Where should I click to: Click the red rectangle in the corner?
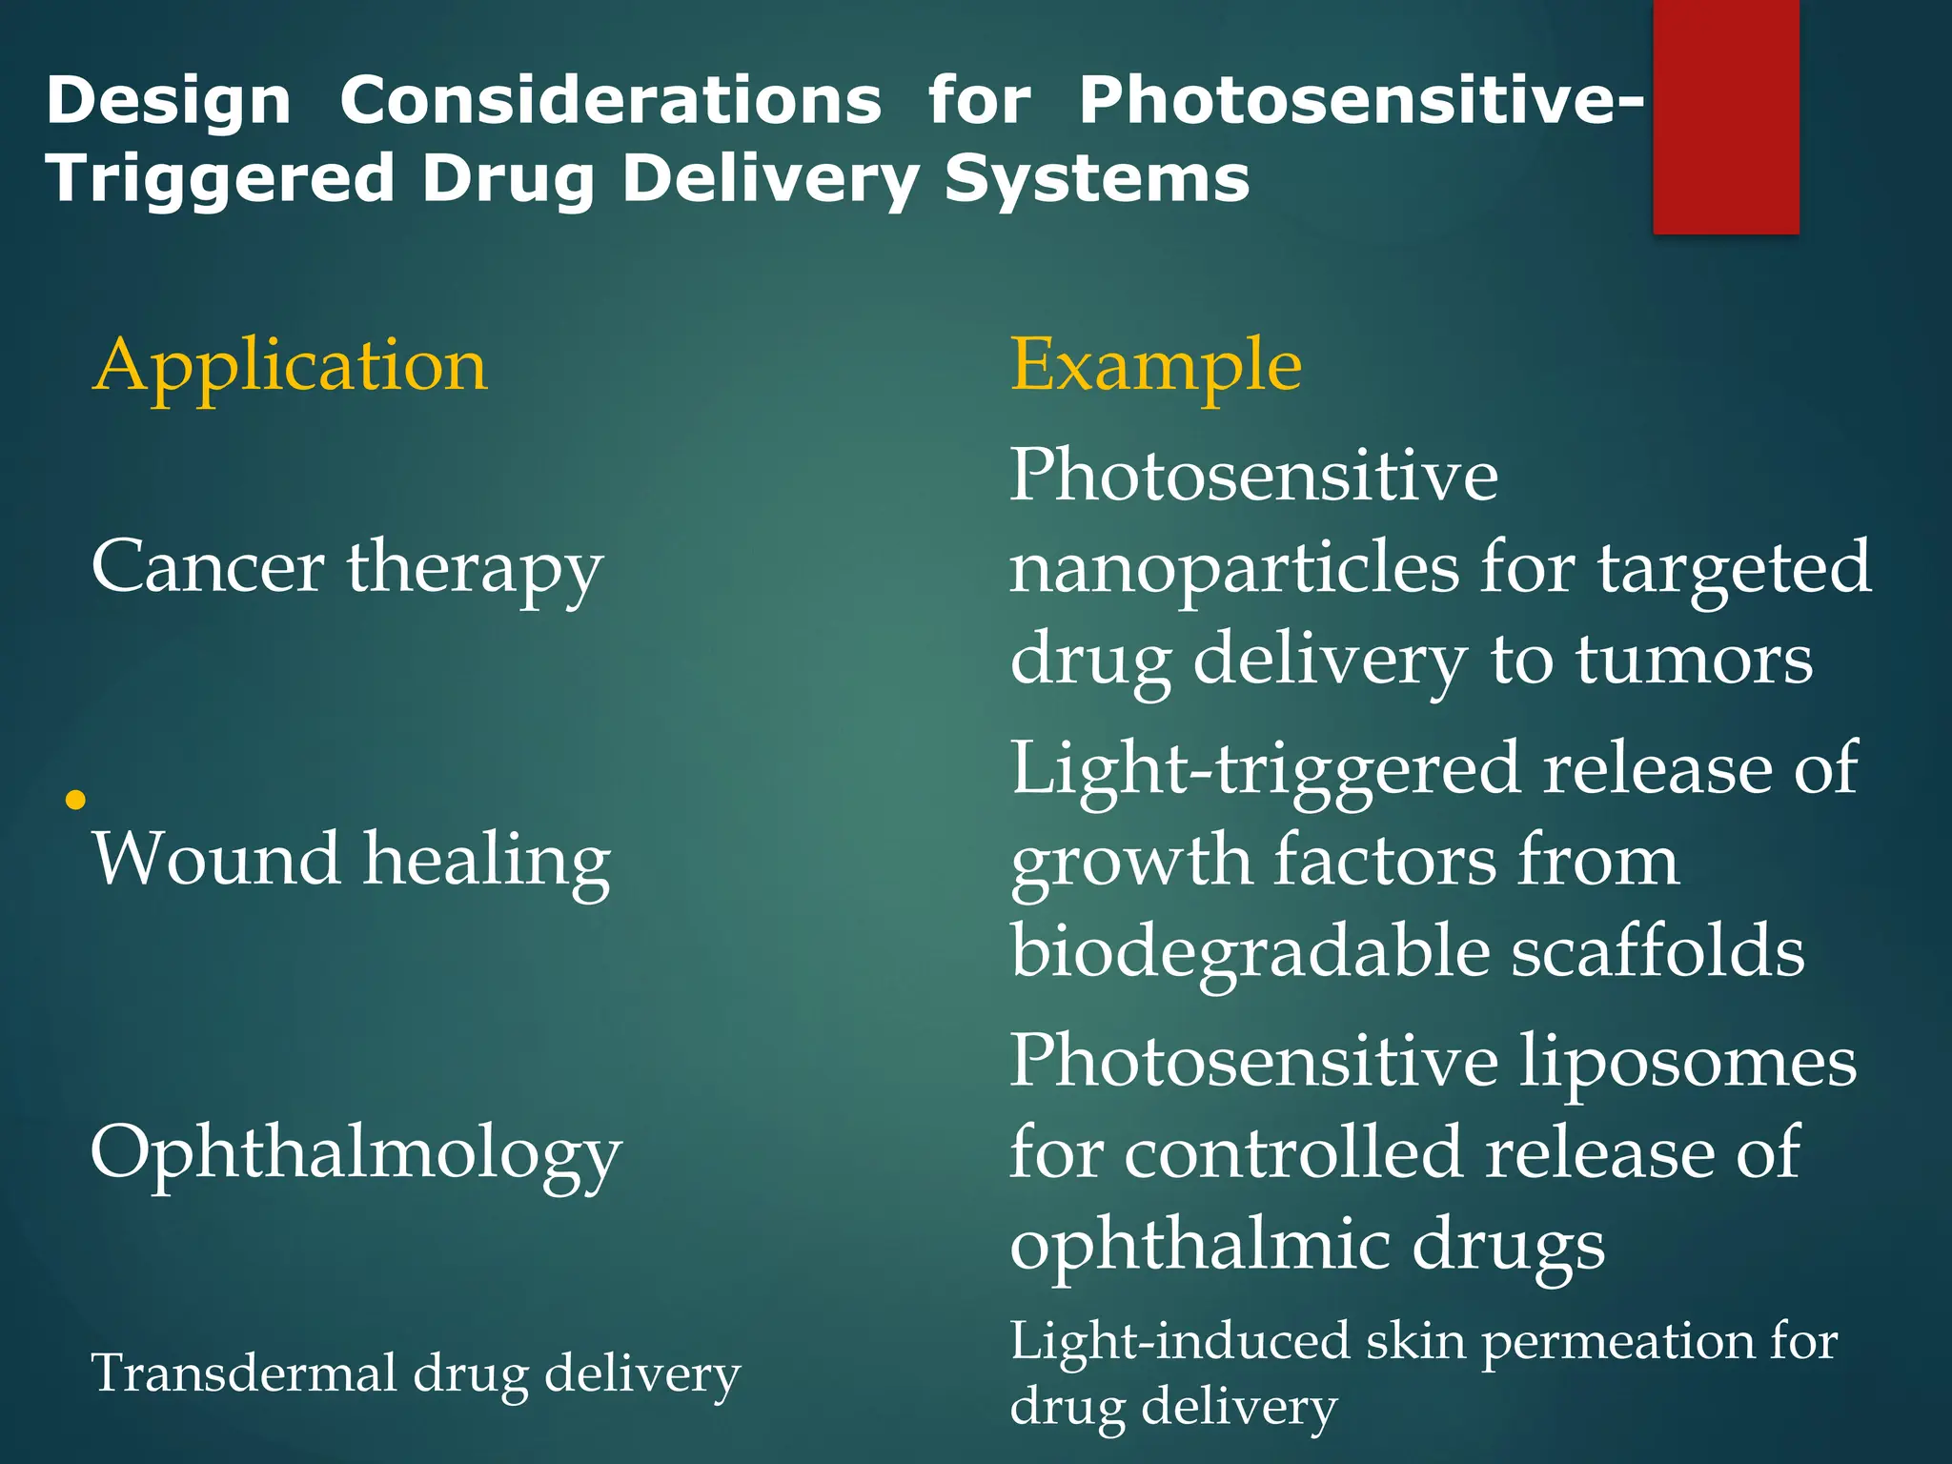click(1725, 116)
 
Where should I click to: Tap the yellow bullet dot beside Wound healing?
click(76, 800)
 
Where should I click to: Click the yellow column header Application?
click(290, 366)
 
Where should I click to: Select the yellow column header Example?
click(1155, 366)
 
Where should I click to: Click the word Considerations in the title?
click(611, 100)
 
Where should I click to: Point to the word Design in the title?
click(168, 100)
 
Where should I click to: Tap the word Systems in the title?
click(1096, 178)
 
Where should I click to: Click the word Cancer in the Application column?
click(208, 567)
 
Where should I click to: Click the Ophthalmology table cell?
click(356, 1153)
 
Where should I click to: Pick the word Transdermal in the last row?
click(242, 1373)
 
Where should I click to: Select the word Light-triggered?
click(1265, 768)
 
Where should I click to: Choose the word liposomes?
click(1687, 1062)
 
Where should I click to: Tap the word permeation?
click(1615, 1342)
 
